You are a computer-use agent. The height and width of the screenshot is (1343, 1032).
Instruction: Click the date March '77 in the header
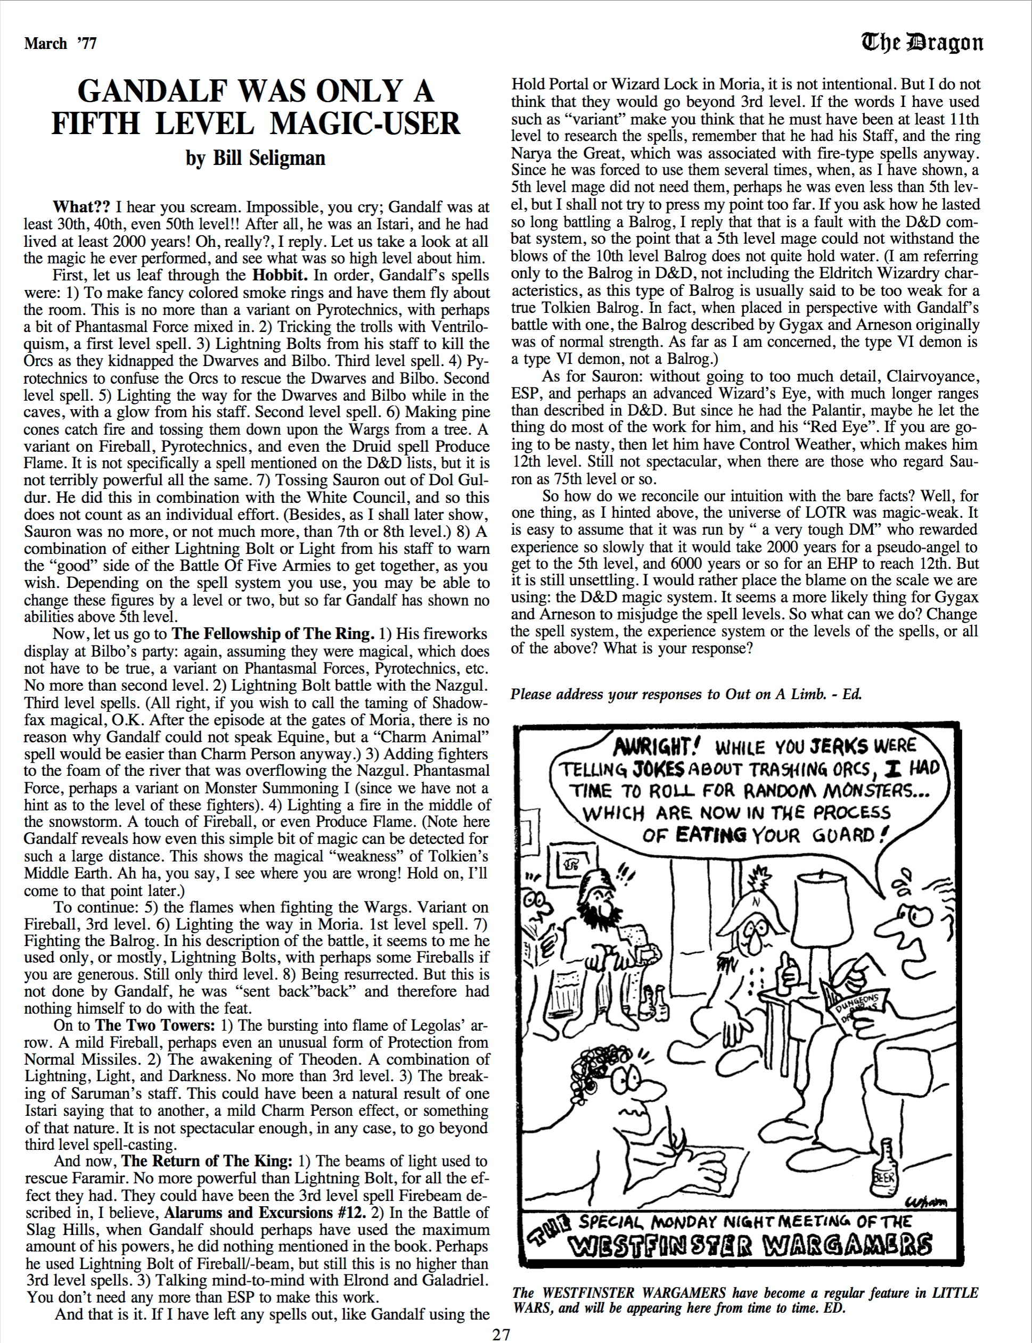[x=60, y=43]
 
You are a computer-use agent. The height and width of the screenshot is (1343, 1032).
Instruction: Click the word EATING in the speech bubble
[x=711, y=835]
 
